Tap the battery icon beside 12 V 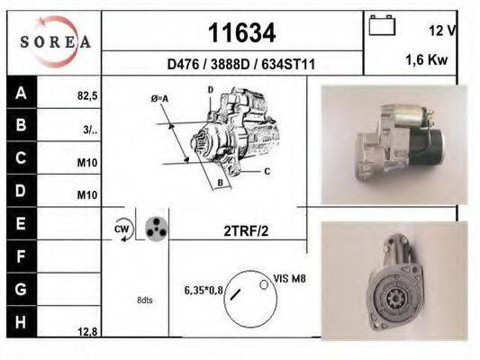click(383, 25)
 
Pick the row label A click(21, 93)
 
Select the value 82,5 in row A click(87, 93)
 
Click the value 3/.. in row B click(89, 129)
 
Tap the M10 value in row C click(87, 163)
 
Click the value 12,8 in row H click(87, 331)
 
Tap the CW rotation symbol click(122, 229)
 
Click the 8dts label click(145, 300)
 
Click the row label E click(21, 221)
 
